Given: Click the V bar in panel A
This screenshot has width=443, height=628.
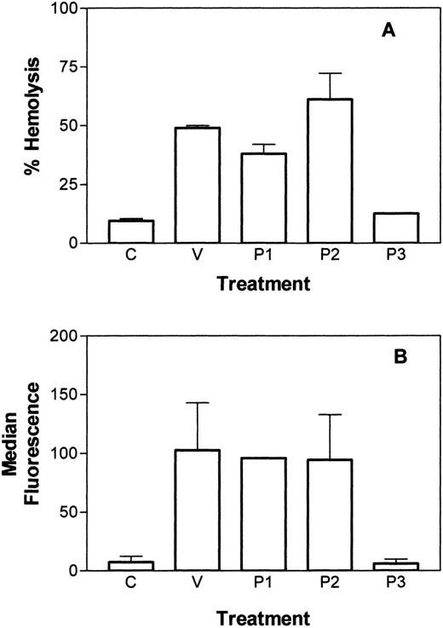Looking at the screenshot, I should (196, 186).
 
